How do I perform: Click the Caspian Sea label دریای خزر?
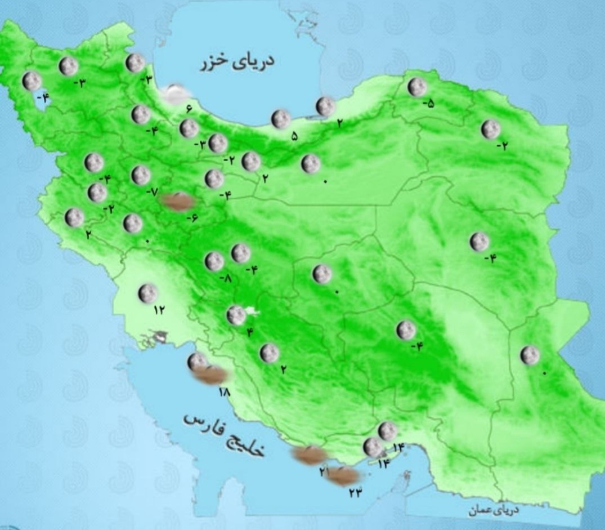click(x=237, y=61)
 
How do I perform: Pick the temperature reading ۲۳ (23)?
click(x=355, y=492)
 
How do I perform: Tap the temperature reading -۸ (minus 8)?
click(x=225, y=278)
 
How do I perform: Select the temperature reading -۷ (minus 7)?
click(x=152, y=191)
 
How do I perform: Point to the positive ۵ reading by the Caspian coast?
click(x=294, y=136)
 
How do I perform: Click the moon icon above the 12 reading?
click(x=148, y=293)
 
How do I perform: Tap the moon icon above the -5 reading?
click(x=417, y=87)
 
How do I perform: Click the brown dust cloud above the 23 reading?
click(x=343, y=476)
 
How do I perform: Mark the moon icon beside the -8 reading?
click(x=214, y=261)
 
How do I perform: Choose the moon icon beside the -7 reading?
click(x=141, y=175)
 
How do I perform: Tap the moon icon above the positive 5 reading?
click(x=280, y=119)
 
